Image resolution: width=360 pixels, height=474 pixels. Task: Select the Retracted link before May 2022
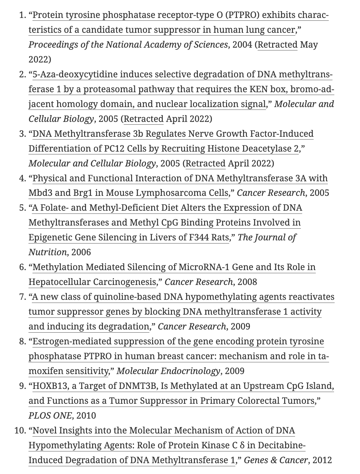[277, 45]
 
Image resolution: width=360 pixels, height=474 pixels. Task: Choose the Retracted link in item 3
[205, 163]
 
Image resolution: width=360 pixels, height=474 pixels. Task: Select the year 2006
[81, 252]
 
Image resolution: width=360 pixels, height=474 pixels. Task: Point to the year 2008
[247, 282]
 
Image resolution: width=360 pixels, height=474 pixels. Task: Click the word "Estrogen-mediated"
[72, 341]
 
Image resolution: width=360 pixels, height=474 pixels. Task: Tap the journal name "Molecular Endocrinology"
[168, 371]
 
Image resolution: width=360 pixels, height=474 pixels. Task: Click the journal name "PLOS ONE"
[50, 416]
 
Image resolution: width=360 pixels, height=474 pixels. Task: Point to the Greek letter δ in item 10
[242, 445]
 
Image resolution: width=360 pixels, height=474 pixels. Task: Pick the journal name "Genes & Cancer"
[276, 460]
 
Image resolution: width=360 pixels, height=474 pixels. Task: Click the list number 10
[19, 430]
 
